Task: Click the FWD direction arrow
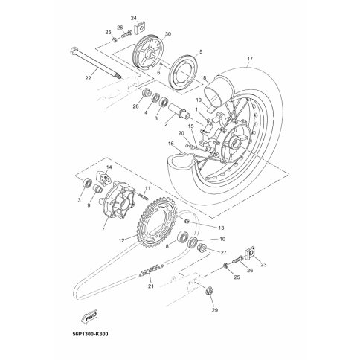pos(89,318)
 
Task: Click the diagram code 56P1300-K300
pos(89,334)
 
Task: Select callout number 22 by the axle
pos(88,78)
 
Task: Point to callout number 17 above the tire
pos(250,59)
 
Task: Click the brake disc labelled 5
pos(183,71)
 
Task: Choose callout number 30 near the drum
pos(168,34)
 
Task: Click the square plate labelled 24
pos(140,28)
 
